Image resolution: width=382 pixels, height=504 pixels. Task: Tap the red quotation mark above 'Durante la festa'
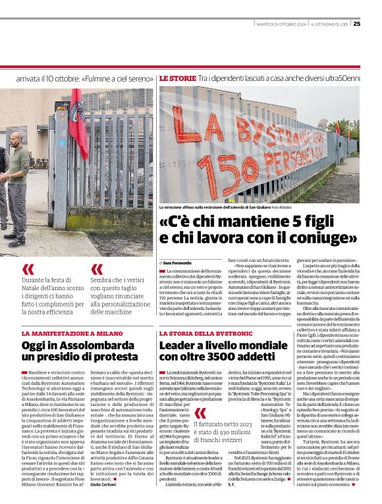(28, 269)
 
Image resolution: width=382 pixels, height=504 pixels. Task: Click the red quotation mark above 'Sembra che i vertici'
(97, 269)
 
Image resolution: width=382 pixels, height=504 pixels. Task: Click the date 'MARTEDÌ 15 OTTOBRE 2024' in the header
(281, 24)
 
